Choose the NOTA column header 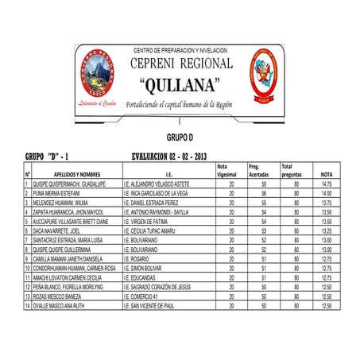[x=326, y=174]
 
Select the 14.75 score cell [x=326, y=184]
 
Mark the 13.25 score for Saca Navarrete [x=326, y=230]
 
